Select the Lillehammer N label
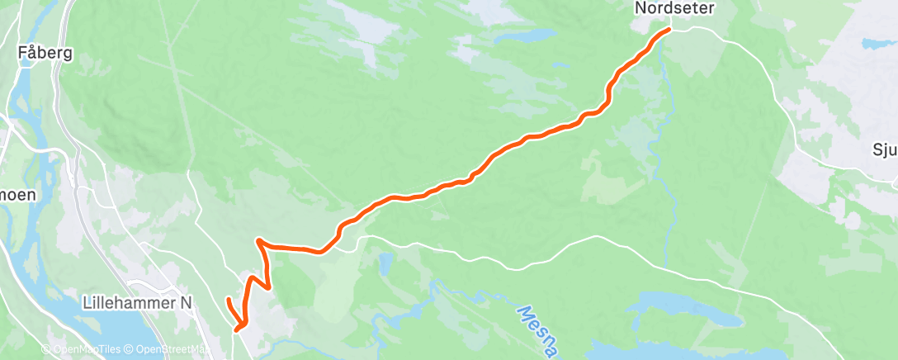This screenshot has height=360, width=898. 138,303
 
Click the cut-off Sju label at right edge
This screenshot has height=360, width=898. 884,149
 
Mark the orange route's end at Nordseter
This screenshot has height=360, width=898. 668,31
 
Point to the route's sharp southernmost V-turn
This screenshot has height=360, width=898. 238,329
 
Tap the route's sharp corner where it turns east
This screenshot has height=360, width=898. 259,241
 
